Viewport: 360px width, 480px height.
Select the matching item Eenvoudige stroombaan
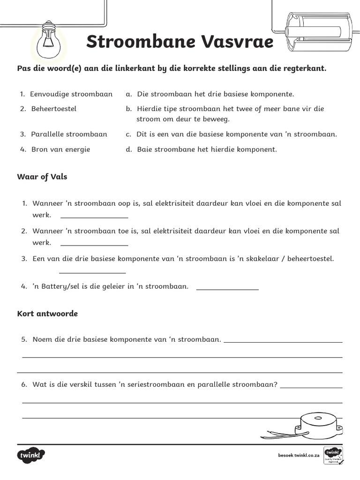(71, 94)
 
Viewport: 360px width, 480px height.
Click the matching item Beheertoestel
(53, 109)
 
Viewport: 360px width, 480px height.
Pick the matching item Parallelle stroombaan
(69, 134)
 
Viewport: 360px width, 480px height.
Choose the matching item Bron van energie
(60, 150)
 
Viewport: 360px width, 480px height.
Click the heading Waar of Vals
(42, 177)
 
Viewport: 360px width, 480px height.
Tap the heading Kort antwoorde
(47, 314)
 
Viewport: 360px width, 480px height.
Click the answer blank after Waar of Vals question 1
(94, 217)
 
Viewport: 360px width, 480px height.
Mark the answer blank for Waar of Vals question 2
(94, 244)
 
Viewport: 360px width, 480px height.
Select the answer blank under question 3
(92, 271)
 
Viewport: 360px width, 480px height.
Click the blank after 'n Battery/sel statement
(227, 288)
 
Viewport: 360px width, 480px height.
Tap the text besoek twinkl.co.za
(299, 455)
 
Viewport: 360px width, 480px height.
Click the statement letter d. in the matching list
(128, 150)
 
